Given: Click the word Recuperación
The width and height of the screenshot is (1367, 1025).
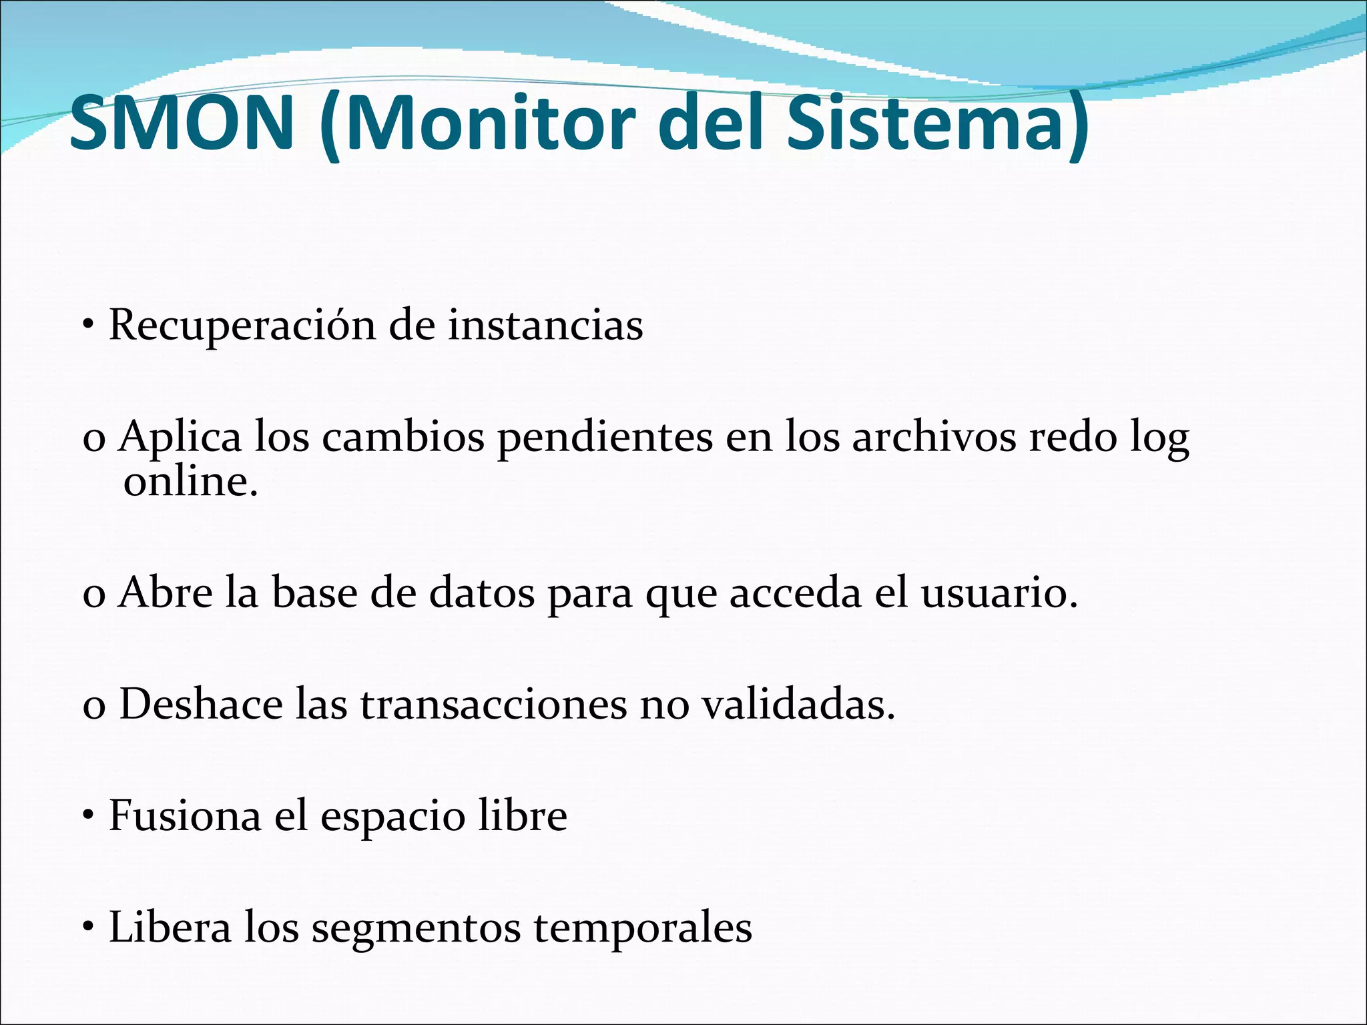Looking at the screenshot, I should [x=242, y=326].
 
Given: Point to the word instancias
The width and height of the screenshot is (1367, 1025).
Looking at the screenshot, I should [x=545, y=326].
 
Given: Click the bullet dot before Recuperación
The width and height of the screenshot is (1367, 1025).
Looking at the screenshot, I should [x=87, y=327].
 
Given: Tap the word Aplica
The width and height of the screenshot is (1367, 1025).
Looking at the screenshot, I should [x=180, y=438].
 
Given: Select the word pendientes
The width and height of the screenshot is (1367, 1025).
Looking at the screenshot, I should [x=605, y=438].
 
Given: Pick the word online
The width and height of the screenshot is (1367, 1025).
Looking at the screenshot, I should [x=190, y=482].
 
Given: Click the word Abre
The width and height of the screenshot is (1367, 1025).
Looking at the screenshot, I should [x=165, y=593].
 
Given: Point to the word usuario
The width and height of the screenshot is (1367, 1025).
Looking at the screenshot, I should [x=999, y=593].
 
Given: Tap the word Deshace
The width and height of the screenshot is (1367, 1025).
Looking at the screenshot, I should [x=201, y=705].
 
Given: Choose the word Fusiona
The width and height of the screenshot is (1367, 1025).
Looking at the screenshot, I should [x=184, y=816].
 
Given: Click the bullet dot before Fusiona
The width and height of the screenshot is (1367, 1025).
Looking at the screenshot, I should [x=87, y=817].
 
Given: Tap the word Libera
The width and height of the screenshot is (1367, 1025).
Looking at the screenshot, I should [x=170, y=928].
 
